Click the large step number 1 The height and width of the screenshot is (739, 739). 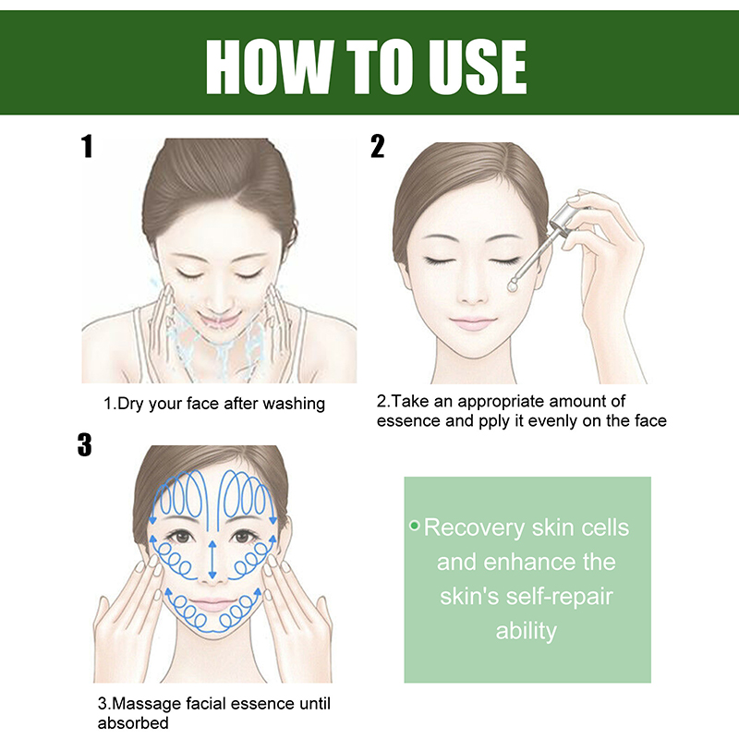click(x=87, y=146)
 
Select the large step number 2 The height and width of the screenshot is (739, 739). click(x=378, y=146)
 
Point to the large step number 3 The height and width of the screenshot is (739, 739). click(x=84, y=445)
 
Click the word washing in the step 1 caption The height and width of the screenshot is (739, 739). click(x=294, y=404)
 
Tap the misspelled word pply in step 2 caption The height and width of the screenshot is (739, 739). click(x=494, y=421)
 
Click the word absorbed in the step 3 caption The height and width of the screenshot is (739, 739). click(x=133, y=723)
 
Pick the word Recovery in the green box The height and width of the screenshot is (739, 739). click(x=474, y=527)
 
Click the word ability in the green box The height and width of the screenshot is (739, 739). click(x=526, y=631)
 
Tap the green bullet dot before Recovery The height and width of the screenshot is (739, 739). click(x=414, y=525)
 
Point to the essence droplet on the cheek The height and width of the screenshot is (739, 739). click(x=513, y=285)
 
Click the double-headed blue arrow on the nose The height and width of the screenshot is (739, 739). click(x=212, y=560)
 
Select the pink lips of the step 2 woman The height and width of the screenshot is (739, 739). click(x=473, y=323)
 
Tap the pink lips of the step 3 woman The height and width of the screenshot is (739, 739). click(x=212, y=605)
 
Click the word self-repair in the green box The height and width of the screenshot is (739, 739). click(x=560, y=597)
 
